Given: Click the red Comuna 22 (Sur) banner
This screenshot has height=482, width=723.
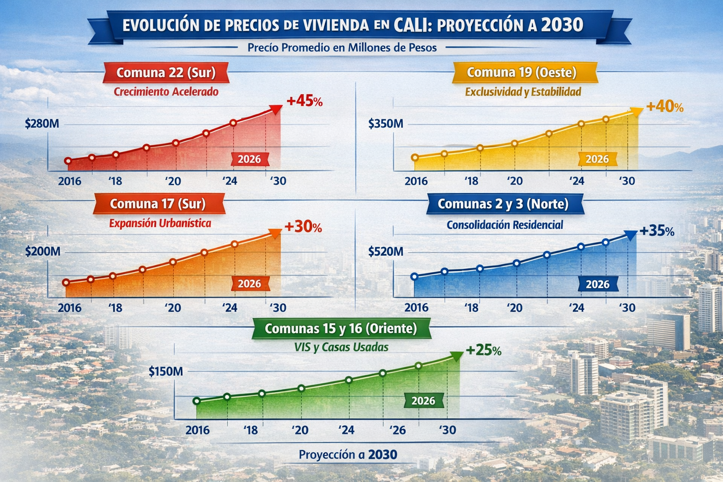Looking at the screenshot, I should (166, 73).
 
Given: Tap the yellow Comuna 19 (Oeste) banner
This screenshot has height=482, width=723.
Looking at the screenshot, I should (522, 72).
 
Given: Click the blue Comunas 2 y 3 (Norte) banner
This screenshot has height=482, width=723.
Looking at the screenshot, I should (503, 204).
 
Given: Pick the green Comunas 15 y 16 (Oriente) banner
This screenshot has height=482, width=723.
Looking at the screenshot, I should (341, 329).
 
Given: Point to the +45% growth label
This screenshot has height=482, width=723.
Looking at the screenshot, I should (304, 101).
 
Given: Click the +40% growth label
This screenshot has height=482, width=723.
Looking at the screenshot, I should (665, 106).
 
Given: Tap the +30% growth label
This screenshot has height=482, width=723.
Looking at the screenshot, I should (303, 227).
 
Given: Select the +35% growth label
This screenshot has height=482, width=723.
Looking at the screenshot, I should (657, 231).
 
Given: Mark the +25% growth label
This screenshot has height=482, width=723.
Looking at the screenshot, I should (483, 350).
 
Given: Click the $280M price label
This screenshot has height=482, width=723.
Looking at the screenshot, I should (42, 124).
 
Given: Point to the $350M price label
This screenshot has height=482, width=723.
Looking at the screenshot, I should (386, 124).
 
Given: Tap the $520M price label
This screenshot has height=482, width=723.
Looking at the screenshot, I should (386, 251).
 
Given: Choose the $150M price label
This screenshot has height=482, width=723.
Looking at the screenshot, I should (166, 371).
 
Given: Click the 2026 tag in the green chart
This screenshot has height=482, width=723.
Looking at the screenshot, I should (423, 401).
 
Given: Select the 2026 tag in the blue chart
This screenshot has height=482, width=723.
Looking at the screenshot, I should (597, 284).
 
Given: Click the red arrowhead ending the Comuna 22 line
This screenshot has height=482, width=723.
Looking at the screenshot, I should (276, 109).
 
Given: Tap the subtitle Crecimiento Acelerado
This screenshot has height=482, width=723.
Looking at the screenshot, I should (166, 92).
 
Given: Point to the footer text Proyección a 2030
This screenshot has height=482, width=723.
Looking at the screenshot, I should (348, 455).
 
